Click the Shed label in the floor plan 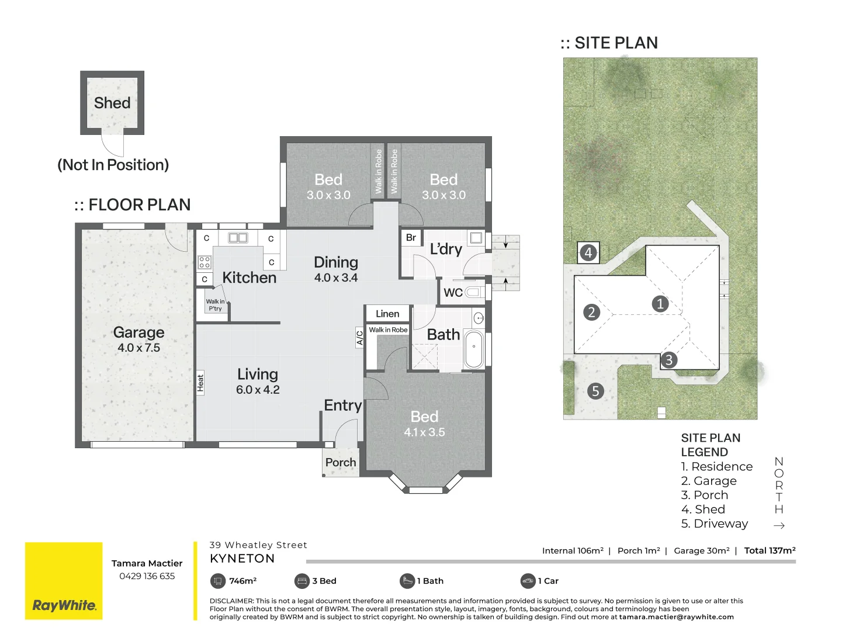(x=112, y=103)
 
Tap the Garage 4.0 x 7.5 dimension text (x=138, y=348)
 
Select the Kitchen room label (x=250, y=278)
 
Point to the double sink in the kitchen (x=238, y=238)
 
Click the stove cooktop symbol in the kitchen (x=205, y=262)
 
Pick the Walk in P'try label (x=215, y=305)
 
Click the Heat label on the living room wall (x=200, y=383)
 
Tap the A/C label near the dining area (x=359, y=338)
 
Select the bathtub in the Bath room (x=474, y=349)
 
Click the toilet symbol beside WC (x=475, y=293)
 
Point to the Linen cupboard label (x=387, y=314)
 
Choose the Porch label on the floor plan (x=341, y=462)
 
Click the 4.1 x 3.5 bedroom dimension (x=424, y=432)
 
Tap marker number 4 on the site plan (x=588, y=253)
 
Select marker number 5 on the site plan (x=595, y=391)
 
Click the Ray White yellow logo (x=64, y=580)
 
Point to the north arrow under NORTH (x=779, y=525)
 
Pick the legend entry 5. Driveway (x=714, y=523)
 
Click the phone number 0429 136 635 (x=147, y=576)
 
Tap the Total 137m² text (x=770, y=550)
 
